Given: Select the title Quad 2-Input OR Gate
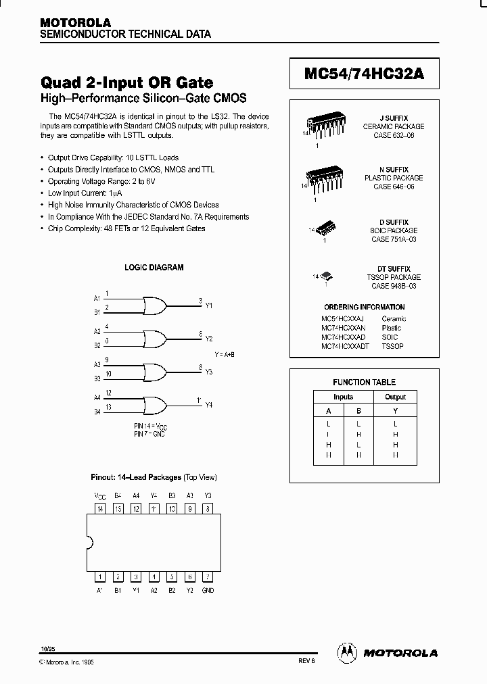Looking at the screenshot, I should [x=127, y=82].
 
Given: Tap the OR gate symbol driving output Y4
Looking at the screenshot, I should [x=155, y=404].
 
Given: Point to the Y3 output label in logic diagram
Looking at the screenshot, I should [x=208, y=372].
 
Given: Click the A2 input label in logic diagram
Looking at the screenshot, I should [x=97, y=331].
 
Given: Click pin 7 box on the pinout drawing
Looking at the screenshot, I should [x=208, y=577].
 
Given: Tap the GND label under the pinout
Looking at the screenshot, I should [x=208, y=590].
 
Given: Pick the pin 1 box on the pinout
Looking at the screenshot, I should [x=100, y=577].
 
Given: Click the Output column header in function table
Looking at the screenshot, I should [x=395, y=397].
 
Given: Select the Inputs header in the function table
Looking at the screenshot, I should [x=343, y=397].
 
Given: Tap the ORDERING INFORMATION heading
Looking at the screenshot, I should [x=364, y=307].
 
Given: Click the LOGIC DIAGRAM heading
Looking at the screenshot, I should [x=154, y=268].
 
